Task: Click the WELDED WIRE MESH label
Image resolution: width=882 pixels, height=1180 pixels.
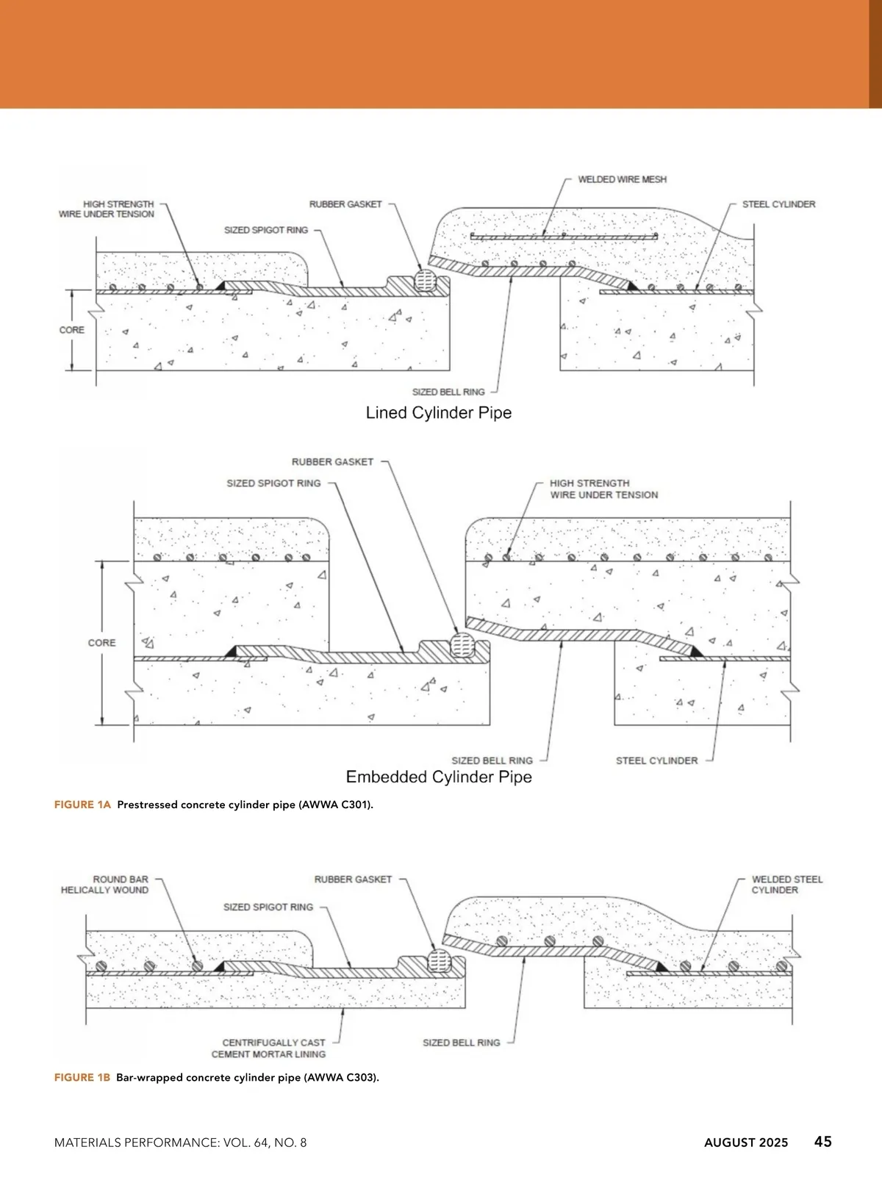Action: point(622,179)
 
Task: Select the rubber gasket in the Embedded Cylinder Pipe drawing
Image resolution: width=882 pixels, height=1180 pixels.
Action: point(462,644)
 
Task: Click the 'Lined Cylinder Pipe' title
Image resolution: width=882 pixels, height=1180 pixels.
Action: point(439,413)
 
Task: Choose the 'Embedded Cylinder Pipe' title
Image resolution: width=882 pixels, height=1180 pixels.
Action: point(439,777)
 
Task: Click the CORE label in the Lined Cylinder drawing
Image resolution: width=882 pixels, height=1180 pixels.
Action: point(72,330)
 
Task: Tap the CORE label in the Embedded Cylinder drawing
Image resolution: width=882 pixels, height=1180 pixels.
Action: point(101,643)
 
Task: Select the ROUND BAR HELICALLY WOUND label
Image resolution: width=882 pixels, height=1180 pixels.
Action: point(105,885)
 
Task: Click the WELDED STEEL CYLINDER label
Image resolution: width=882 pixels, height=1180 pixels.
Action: point(786,885)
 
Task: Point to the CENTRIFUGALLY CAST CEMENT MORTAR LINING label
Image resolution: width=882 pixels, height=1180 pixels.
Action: point(269,1048)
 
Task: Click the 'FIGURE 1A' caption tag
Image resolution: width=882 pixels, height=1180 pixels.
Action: point(82,805)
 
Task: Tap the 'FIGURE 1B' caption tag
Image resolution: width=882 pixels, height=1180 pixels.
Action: point(82,1078)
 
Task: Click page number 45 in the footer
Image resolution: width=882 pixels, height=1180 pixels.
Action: point(822,1141)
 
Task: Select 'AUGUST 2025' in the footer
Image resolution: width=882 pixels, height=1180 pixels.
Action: point(746,1143)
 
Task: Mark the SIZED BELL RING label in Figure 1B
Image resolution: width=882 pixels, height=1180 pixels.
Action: point(461,1043)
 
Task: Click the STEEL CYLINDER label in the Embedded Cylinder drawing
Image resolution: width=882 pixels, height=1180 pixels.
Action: point(656,760)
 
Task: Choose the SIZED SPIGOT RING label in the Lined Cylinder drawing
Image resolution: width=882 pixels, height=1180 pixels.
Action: point(266,230)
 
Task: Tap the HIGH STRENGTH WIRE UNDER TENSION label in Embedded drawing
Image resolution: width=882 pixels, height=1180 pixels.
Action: point(603,489)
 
